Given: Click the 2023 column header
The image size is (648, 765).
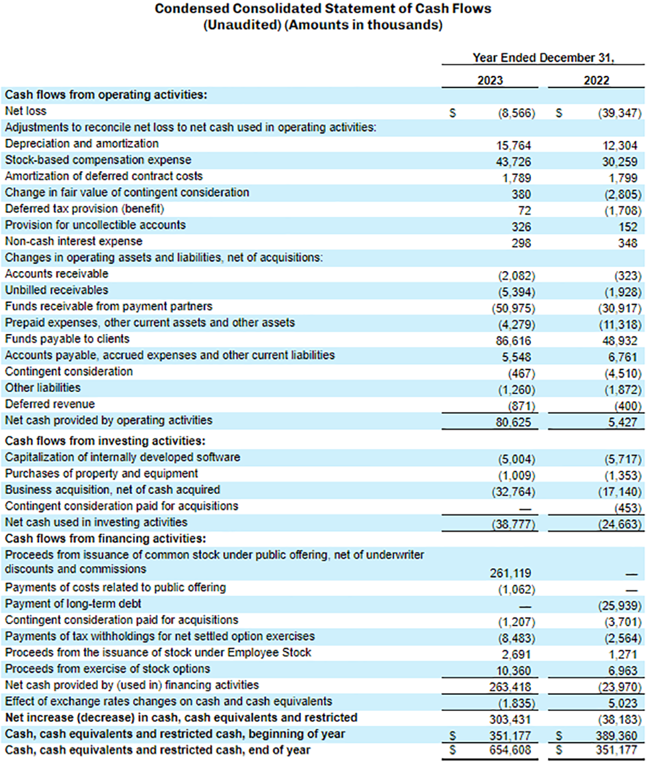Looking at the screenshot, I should pyautogui.click(x=491, y=81).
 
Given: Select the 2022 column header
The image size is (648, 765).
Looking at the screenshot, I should pyautogui.click(x=597, y=81).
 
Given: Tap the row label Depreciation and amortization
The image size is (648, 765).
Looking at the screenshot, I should pyautogui.click(x=81, y=143).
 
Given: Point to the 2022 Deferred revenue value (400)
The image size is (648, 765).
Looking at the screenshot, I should pyautogui.click(x=625, y=405).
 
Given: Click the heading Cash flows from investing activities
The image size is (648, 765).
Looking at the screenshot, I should pyautogui.click(x=104, y=440).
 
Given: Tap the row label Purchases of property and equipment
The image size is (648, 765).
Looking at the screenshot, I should pyautogui.click(x=101, y=473).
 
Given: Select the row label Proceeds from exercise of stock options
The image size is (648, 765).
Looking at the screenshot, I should pyautogui.click(x=107, y=669).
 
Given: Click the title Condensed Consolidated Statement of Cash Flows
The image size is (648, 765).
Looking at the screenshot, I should pyautogui.click(x=323, y=10).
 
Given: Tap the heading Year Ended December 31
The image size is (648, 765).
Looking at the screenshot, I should pyautogui.click(x=544, y=58).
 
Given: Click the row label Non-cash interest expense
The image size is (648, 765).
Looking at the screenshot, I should pyautogui.click(x=73, y=241).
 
